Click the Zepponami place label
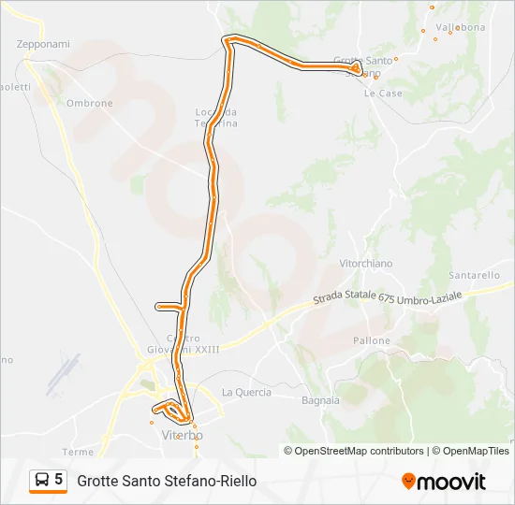(x=43, y=44)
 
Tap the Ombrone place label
(x=89, y=104)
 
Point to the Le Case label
(x=383, y=94)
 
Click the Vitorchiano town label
(x=366, y=265)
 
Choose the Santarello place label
(x=475, y=276)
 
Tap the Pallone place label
(x=372, y=341)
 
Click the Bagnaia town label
(x=320, y=400)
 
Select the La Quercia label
(x=246, y=393)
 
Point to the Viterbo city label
(x=183, y=437)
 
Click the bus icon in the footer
(x=42, y=481)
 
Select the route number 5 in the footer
(x=59, y=480)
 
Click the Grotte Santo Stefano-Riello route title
(x=167, y=482)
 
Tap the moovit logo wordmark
(x=451, y=483)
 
